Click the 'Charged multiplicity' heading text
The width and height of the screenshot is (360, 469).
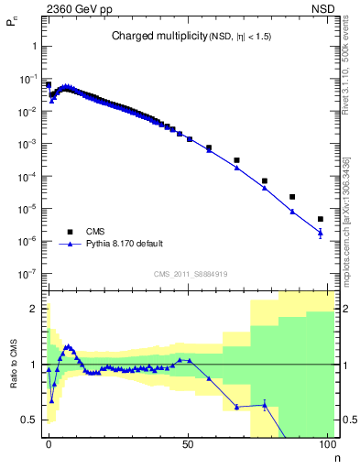pyautogui.click(x=149, y=36)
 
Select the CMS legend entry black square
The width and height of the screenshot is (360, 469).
pyautogui.click(x=69, y=232)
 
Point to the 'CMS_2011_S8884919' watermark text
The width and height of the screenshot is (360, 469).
pyautogui.click(x=190, y=273)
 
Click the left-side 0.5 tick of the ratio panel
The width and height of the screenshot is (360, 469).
pyautogui.click(x=31, y=420)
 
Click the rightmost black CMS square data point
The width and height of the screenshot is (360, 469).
pyautogui.click(x=320, y=219)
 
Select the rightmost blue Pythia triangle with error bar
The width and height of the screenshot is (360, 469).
pyautogui.click(x=320, y=233)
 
